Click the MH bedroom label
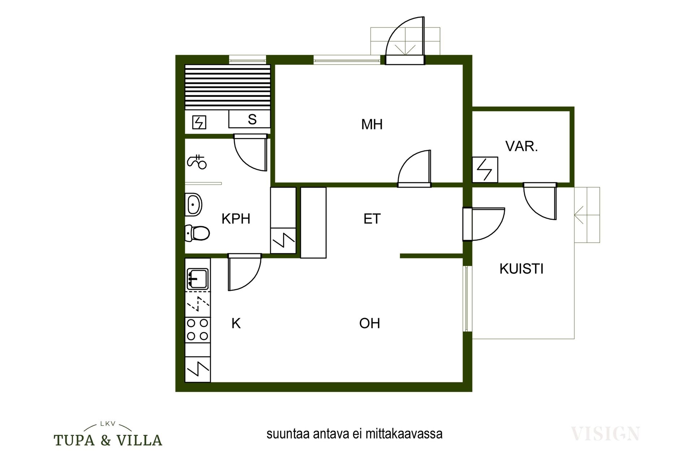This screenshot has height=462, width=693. click(372, 125)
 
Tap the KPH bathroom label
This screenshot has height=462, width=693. click(236, 219)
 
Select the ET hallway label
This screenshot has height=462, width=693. click(372, 219)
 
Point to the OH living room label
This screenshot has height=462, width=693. click(370, 323)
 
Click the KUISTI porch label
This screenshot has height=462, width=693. click(521, 269)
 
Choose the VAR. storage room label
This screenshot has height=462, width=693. click(522, 146)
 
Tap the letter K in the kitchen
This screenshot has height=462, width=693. click(236, 323)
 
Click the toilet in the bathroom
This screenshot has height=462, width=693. click(197, 233)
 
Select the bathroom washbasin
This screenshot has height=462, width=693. click(193, 205)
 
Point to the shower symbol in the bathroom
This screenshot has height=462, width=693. click(197, 162)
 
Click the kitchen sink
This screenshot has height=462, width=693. click(197, 279)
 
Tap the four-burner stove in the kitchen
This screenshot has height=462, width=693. click(197, 330)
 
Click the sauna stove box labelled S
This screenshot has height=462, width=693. click(249, 119)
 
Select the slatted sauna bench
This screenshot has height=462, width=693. click(227, 87)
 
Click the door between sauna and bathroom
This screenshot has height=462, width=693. click(250, 152)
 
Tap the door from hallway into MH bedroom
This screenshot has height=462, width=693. click(414, 169)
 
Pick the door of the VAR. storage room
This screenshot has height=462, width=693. click(540, 201)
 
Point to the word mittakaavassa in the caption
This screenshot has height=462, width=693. click(404, 433)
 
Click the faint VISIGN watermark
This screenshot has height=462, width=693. click(605, 433)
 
